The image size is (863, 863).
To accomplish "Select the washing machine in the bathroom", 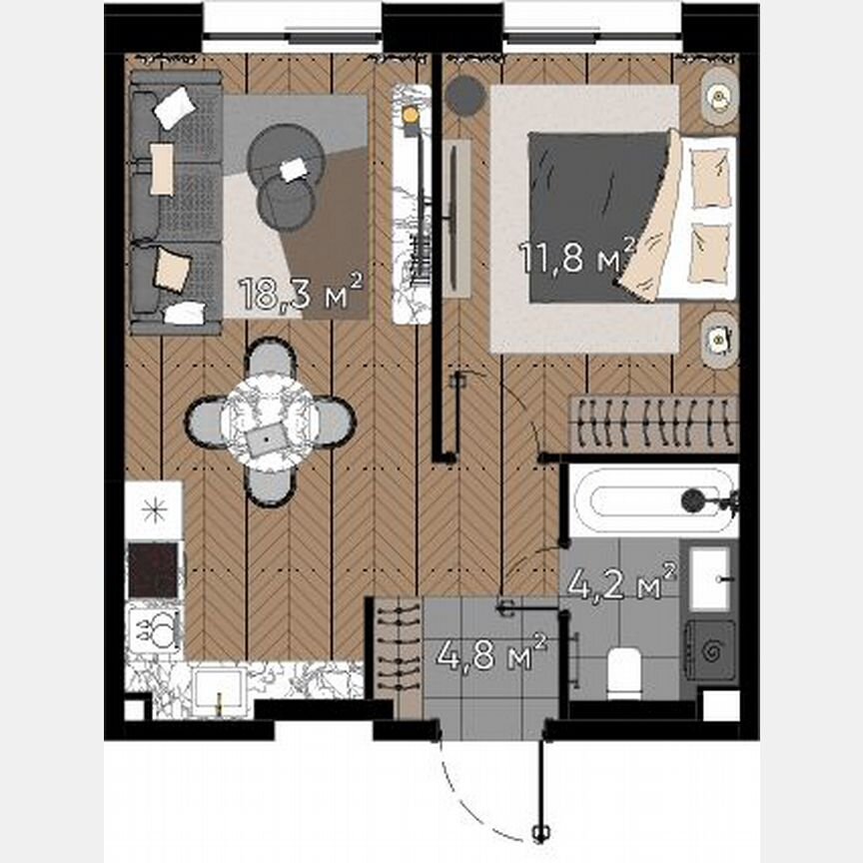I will tap(709, 649).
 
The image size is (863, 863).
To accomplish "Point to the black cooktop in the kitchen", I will tap(153, 569).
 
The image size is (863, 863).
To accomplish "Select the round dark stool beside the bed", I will tap(465, 95).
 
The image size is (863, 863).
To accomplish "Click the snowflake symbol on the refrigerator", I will tap(153, 509).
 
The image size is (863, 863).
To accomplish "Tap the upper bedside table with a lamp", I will tap(717, 97).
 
